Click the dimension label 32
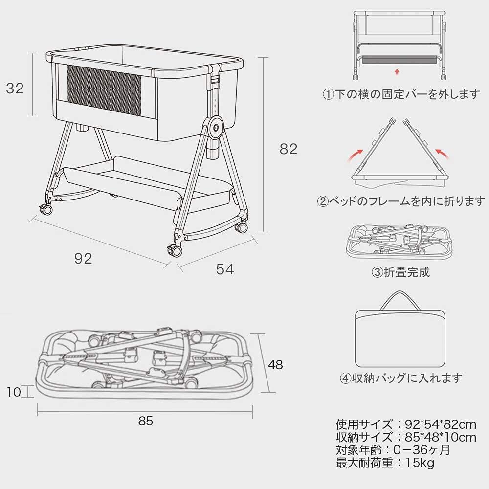point(15,88)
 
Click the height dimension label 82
point(289,149)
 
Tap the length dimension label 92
point(83,258)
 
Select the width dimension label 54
point(225,269)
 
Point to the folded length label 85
point(146,421)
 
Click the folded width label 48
point(275,365)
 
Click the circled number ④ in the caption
point(346,378)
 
